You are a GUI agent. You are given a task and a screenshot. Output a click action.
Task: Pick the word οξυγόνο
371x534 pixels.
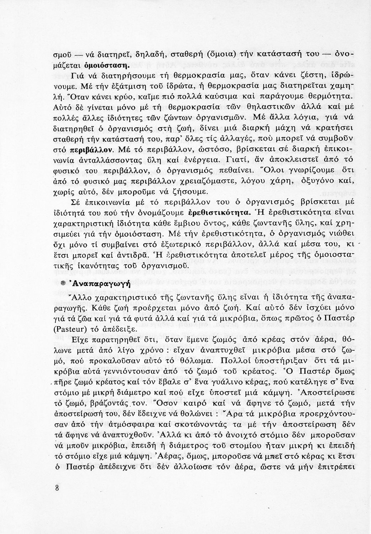[x=319, y=182]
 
